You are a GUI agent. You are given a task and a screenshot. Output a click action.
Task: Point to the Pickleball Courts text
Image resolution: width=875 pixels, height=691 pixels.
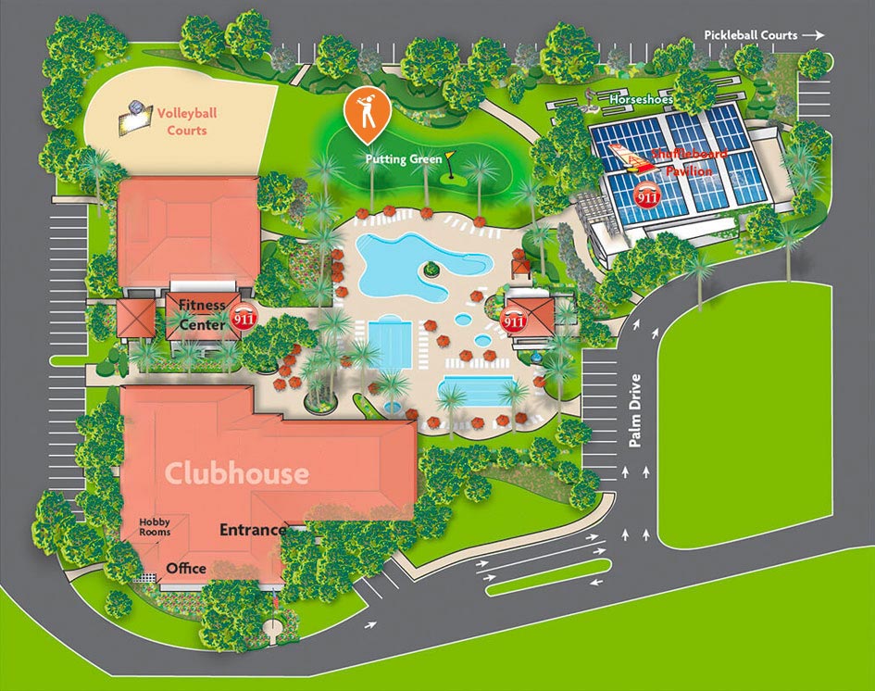click(750, 35)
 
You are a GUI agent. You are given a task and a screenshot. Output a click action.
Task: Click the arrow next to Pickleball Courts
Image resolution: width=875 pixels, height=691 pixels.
click(813, 35)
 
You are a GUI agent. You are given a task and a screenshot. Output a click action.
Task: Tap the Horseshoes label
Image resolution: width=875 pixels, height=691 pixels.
click(641, 99)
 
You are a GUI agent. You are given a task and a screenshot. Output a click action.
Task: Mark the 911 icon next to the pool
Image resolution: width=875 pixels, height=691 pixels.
click(514, 320)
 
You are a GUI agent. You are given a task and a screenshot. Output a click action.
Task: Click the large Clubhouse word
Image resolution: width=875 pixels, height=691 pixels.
click(237, 474)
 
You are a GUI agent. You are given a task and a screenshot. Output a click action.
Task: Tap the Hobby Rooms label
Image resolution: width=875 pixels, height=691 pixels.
click(155, 527)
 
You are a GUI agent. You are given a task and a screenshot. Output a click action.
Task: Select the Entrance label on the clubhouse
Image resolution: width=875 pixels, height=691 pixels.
click(252, 531)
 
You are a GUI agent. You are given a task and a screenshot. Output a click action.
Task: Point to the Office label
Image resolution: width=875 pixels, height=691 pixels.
click(186, 568)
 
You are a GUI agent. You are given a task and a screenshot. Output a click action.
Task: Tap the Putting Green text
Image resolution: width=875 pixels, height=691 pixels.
click(403, 159)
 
